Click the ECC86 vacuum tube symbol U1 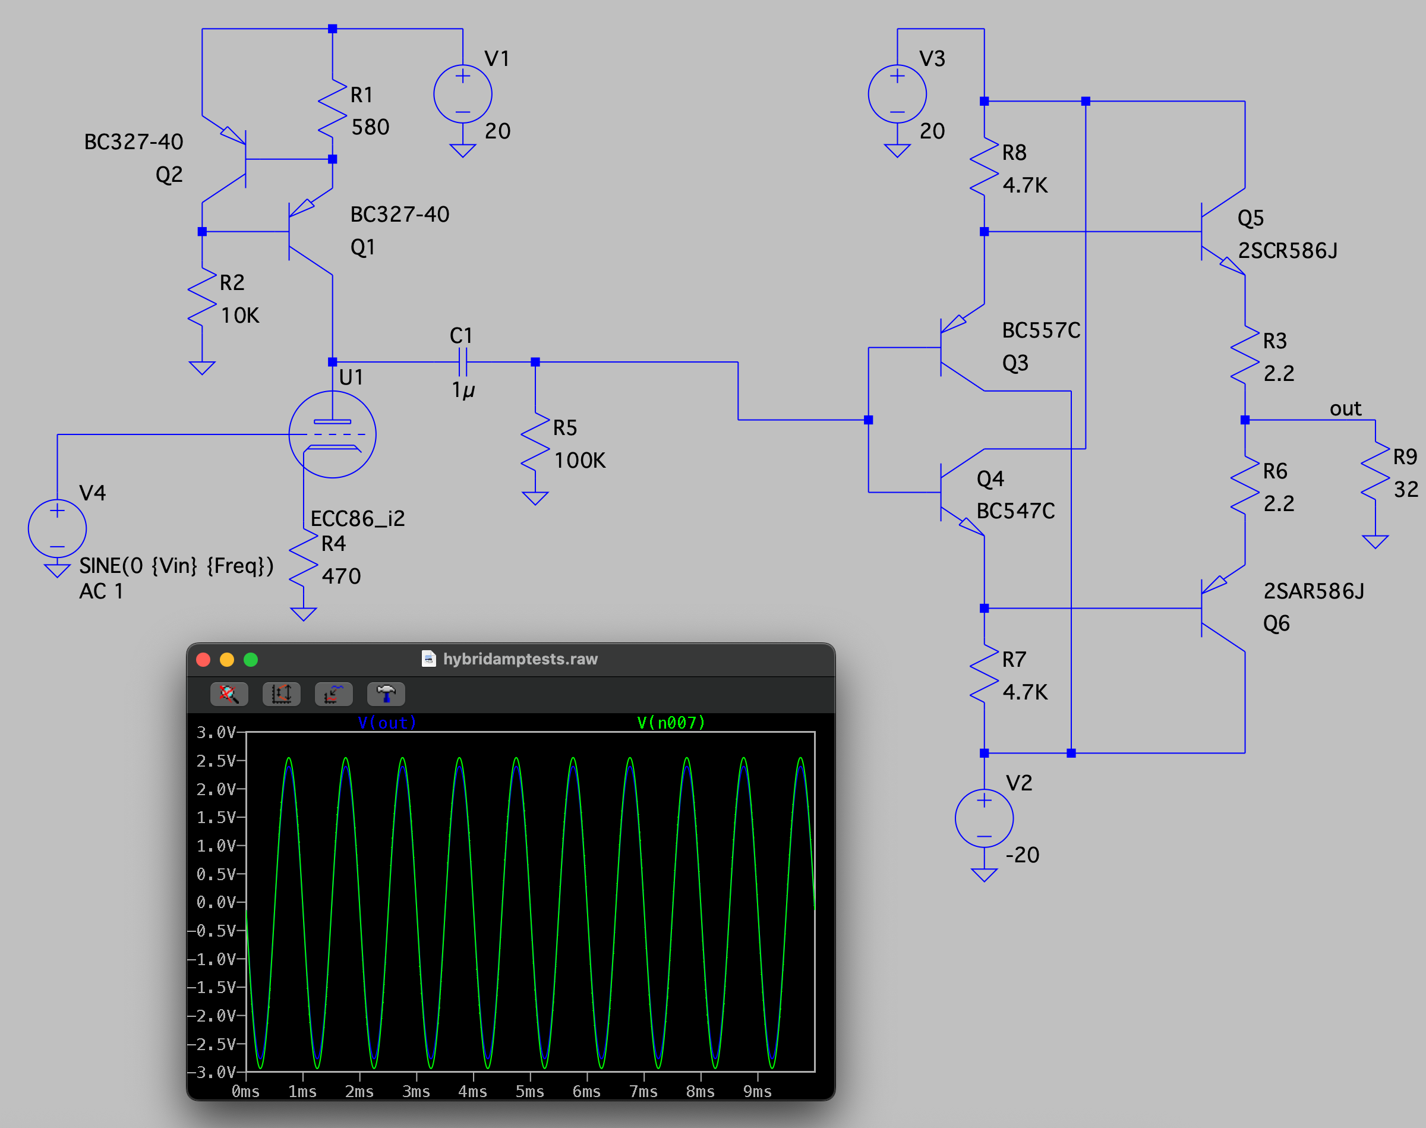click(x=332, y=434)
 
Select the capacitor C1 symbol click(x=463, y=362)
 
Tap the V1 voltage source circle click(x=463, y=94)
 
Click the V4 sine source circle click(x=58, y=528)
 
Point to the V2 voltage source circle click(x=984, y=818)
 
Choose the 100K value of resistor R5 click(x=580, y=461)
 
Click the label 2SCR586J click(x=1288, y=251)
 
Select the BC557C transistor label click(x=1041, y=330)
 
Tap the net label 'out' click(x=1345, y=409)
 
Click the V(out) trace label click(x=387, y=723)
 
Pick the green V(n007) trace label click(x=671, y=723)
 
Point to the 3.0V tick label click(x=216, y=732)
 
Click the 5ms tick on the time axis click(x=529, y=1092)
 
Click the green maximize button click(x=251, y=660)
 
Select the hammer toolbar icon click(x=386, y=694)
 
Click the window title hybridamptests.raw click(x=520, y=659)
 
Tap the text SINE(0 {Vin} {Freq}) click(x=176, y=566)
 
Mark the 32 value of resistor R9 click(x=1406, y=489)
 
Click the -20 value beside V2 click(x=1022, y=855)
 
